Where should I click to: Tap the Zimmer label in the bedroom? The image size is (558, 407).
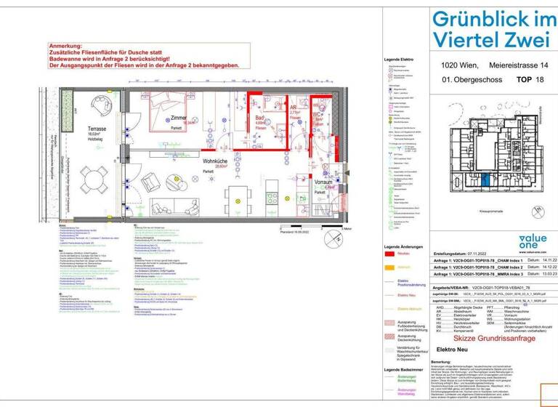178,118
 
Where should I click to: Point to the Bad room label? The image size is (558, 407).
259,117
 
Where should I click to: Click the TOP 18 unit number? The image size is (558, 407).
530,80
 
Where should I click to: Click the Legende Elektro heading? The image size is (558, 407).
399,60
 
